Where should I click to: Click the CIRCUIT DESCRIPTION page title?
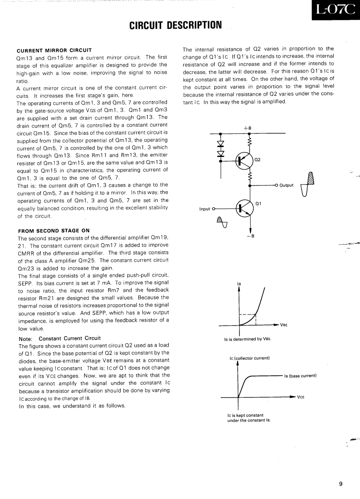pos(175,24)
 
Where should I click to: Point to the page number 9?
pos(340,484)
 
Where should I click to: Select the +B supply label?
pos(248,128)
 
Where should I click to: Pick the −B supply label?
pos(251,235)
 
